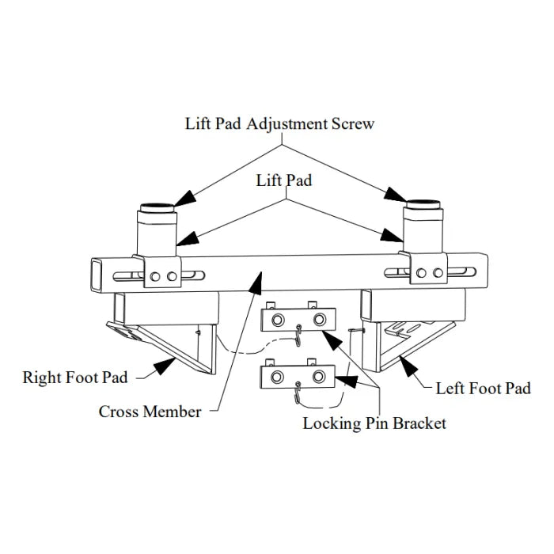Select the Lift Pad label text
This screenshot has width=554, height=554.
tap(284, 180)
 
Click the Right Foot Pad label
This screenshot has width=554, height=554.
tap(75, 377)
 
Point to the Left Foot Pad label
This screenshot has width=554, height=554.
tap(483, 388)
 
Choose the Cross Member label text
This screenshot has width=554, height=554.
tap(150, 412)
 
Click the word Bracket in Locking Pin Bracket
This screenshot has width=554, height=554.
tap(419, 423)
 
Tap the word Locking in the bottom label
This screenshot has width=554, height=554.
tap(331, 423)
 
